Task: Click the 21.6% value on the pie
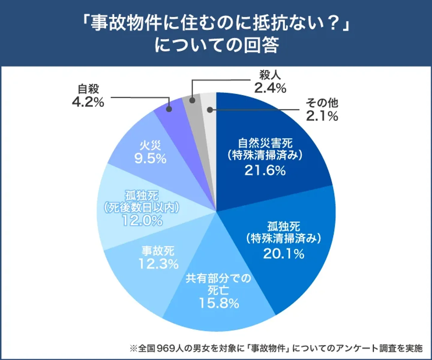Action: click(265, 171)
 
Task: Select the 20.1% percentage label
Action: click(284, 254)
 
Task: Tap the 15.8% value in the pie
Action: click(219, 303)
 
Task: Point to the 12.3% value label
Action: click(158, 264)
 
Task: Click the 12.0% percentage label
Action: click(142, 221)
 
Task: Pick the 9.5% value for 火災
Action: click(150, 159)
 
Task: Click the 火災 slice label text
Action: click(150, 146)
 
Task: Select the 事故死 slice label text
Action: click(158, 251)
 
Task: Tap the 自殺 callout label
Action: click(88, 89)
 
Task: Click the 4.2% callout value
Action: click(88, 102)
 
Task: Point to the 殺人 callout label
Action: click(270, 75)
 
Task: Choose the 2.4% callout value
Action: click(270, 88)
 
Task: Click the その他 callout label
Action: click(322, 103)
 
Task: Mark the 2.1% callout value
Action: click(322, 116)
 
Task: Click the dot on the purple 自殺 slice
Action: click(169, 109)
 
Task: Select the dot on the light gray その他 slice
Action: click(210, 110)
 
